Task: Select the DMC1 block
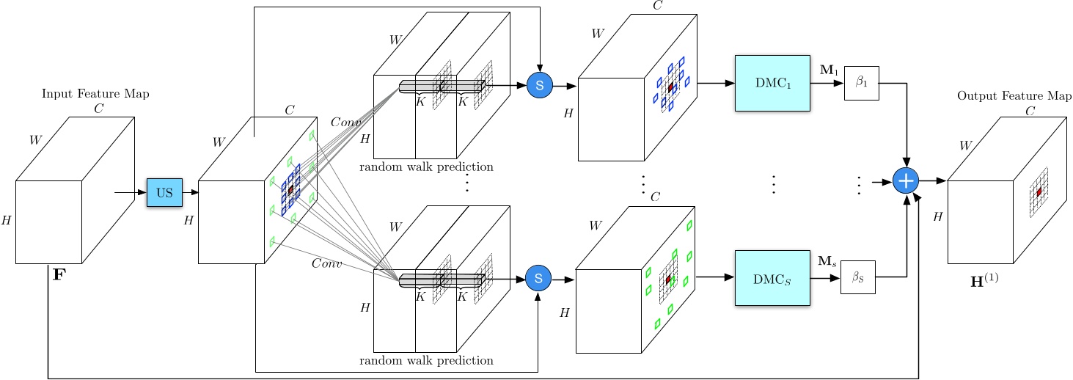click(x=772, y=83)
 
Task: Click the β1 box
click(x=861, y=83)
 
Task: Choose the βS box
click(x=857, y=277)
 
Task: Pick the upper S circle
click(x=539, y=85)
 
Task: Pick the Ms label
click(x=827, y=260)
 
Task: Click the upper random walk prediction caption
click(x=426, y=167)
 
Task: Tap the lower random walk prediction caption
click(x=426, y=360)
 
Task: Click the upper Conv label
click(x=345, y=121)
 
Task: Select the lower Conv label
click(x=326, y=263)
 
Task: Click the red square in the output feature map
click(x=1039, y=192)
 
